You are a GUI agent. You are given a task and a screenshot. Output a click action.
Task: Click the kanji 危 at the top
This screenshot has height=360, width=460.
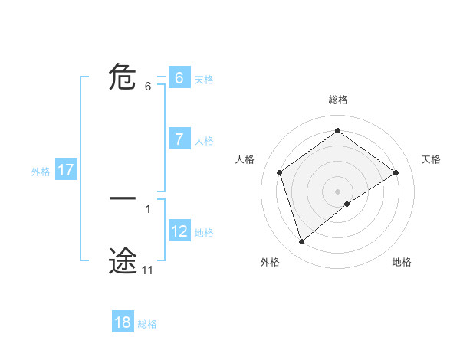coord(123,78)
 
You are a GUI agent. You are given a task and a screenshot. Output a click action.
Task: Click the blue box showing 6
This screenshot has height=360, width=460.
coord(179,78)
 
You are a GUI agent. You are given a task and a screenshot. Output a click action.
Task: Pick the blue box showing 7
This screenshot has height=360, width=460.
coord(179,139)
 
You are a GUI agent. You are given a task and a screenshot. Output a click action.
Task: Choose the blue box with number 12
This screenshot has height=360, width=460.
coord(179,231)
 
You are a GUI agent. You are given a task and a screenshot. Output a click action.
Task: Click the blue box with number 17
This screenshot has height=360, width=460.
coord(66,170)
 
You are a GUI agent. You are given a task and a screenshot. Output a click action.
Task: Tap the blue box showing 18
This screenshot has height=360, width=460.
coord(123,322)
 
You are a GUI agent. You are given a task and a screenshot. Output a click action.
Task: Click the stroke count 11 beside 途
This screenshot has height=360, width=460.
coord(147,270)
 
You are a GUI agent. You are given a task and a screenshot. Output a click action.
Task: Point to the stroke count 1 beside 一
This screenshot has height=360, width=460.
coord(148,208)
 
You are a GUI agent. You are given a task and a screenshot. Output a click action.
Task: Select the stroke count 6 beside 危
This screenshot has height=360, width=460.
coord(148,87)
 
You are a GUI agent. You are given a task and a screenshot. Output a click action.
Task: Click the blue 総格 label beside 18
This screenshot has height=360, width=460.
coord(147,324)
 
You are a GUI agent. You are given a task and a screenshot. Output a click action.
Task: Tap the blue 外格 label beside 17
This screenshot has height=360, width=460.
coord(41,172)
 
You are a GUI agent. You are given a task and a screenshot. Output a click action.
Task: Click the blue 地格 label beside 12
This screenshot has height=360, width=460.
coord(204,233)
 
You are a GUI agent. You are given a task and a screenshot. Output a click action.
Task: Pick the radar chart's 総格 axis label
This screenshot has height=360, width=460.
coord(337,100)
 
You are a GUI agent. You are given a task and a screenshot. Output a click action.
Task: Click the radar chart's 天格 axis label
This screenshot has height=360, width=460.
coord(432,159)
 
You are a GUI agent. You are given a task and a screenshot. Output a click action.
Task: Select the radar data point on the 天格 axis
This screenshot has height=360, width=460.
coord(396,172)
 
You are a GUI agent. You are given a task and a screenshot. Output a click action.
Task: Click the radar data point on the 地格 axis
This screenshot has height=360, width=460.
coord(347,204)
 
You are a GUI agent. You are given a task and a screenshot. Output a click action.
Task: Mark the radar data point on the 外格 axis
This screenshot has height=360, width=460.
coord(301,242)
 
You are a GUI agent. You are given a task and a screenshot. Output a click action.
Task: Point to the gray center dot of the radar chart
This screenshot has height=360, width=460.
coord(337,191)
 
